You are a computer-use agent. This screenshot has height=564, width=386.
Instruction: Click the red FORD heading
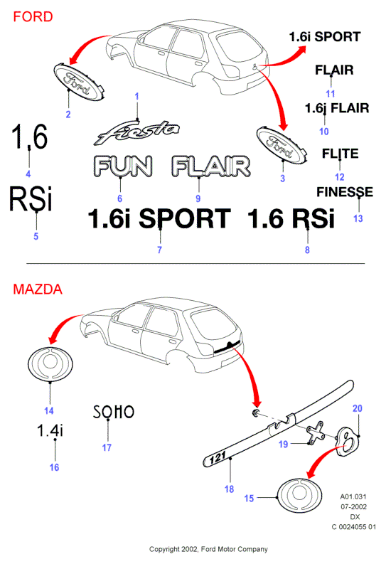click(33, 17)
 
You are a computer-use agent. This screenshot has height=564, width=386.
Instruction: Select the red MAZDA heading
click(38, 289)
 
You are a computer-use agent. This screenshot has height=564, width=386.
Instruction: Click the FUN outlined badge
click(122, 166)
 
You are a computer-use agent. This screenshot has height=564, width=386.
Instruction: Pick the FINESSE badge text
click(345, 192)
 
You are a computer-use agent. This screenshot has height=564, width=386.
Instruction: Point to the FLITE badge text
click(340, 154)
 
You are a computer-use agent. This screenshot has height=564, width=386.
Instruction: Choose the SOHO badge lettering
click(114, 412)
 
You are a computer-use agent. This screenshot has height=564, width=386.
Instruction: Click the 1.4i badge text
click(50, 430)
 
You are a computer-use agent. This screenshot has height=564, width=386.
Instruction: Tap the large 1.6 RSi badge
click(291, 218)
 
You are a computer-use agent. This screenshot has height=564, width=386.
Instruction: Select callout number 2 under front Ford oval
click(68, 115)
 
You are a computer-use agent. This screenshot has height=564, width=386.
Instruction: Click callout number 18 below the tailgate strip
click(230, 489)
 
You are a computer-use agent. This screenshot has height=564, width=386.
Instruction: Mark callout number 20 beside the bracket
click(358, 408)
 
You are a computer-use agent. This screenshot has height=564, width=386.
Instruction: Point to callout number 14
click(49, 411)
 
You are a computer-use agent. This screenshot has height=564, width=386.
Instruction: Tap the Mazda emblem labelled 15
click(299, 495)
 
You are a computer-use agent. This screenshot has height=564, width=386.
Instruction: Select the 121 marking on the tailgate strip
click(217, 458)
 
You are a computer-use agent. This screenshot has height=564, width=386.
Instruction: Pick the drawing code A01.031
click(353, 496)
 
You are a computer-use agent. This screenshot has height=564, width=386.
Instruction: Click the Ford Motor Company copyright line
click(208, 549)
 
